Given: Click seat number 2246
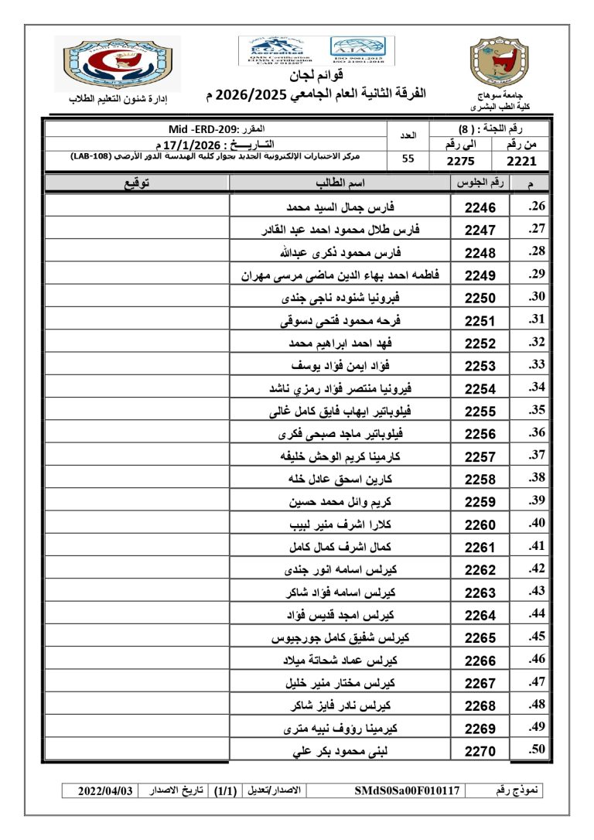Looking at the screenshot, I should click(480, 207).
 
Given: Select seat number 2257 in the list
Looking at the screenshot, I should click(480, 456).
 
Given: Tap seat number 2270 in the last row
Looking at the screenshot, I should click(480, 750).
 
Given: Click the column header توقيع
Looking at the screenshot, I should click(138, 183).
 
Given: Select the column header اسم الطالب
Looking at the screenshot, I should click(340, 183).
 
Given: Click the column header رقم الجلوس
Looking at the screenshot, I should click(480, 183).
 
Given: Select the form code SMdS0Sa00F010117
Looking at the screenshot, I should click(408, 790).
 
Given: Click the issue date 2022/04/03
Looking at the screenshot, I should click(106, 790).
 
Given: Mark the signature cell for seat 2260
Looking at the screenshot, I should click(138, 524).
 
